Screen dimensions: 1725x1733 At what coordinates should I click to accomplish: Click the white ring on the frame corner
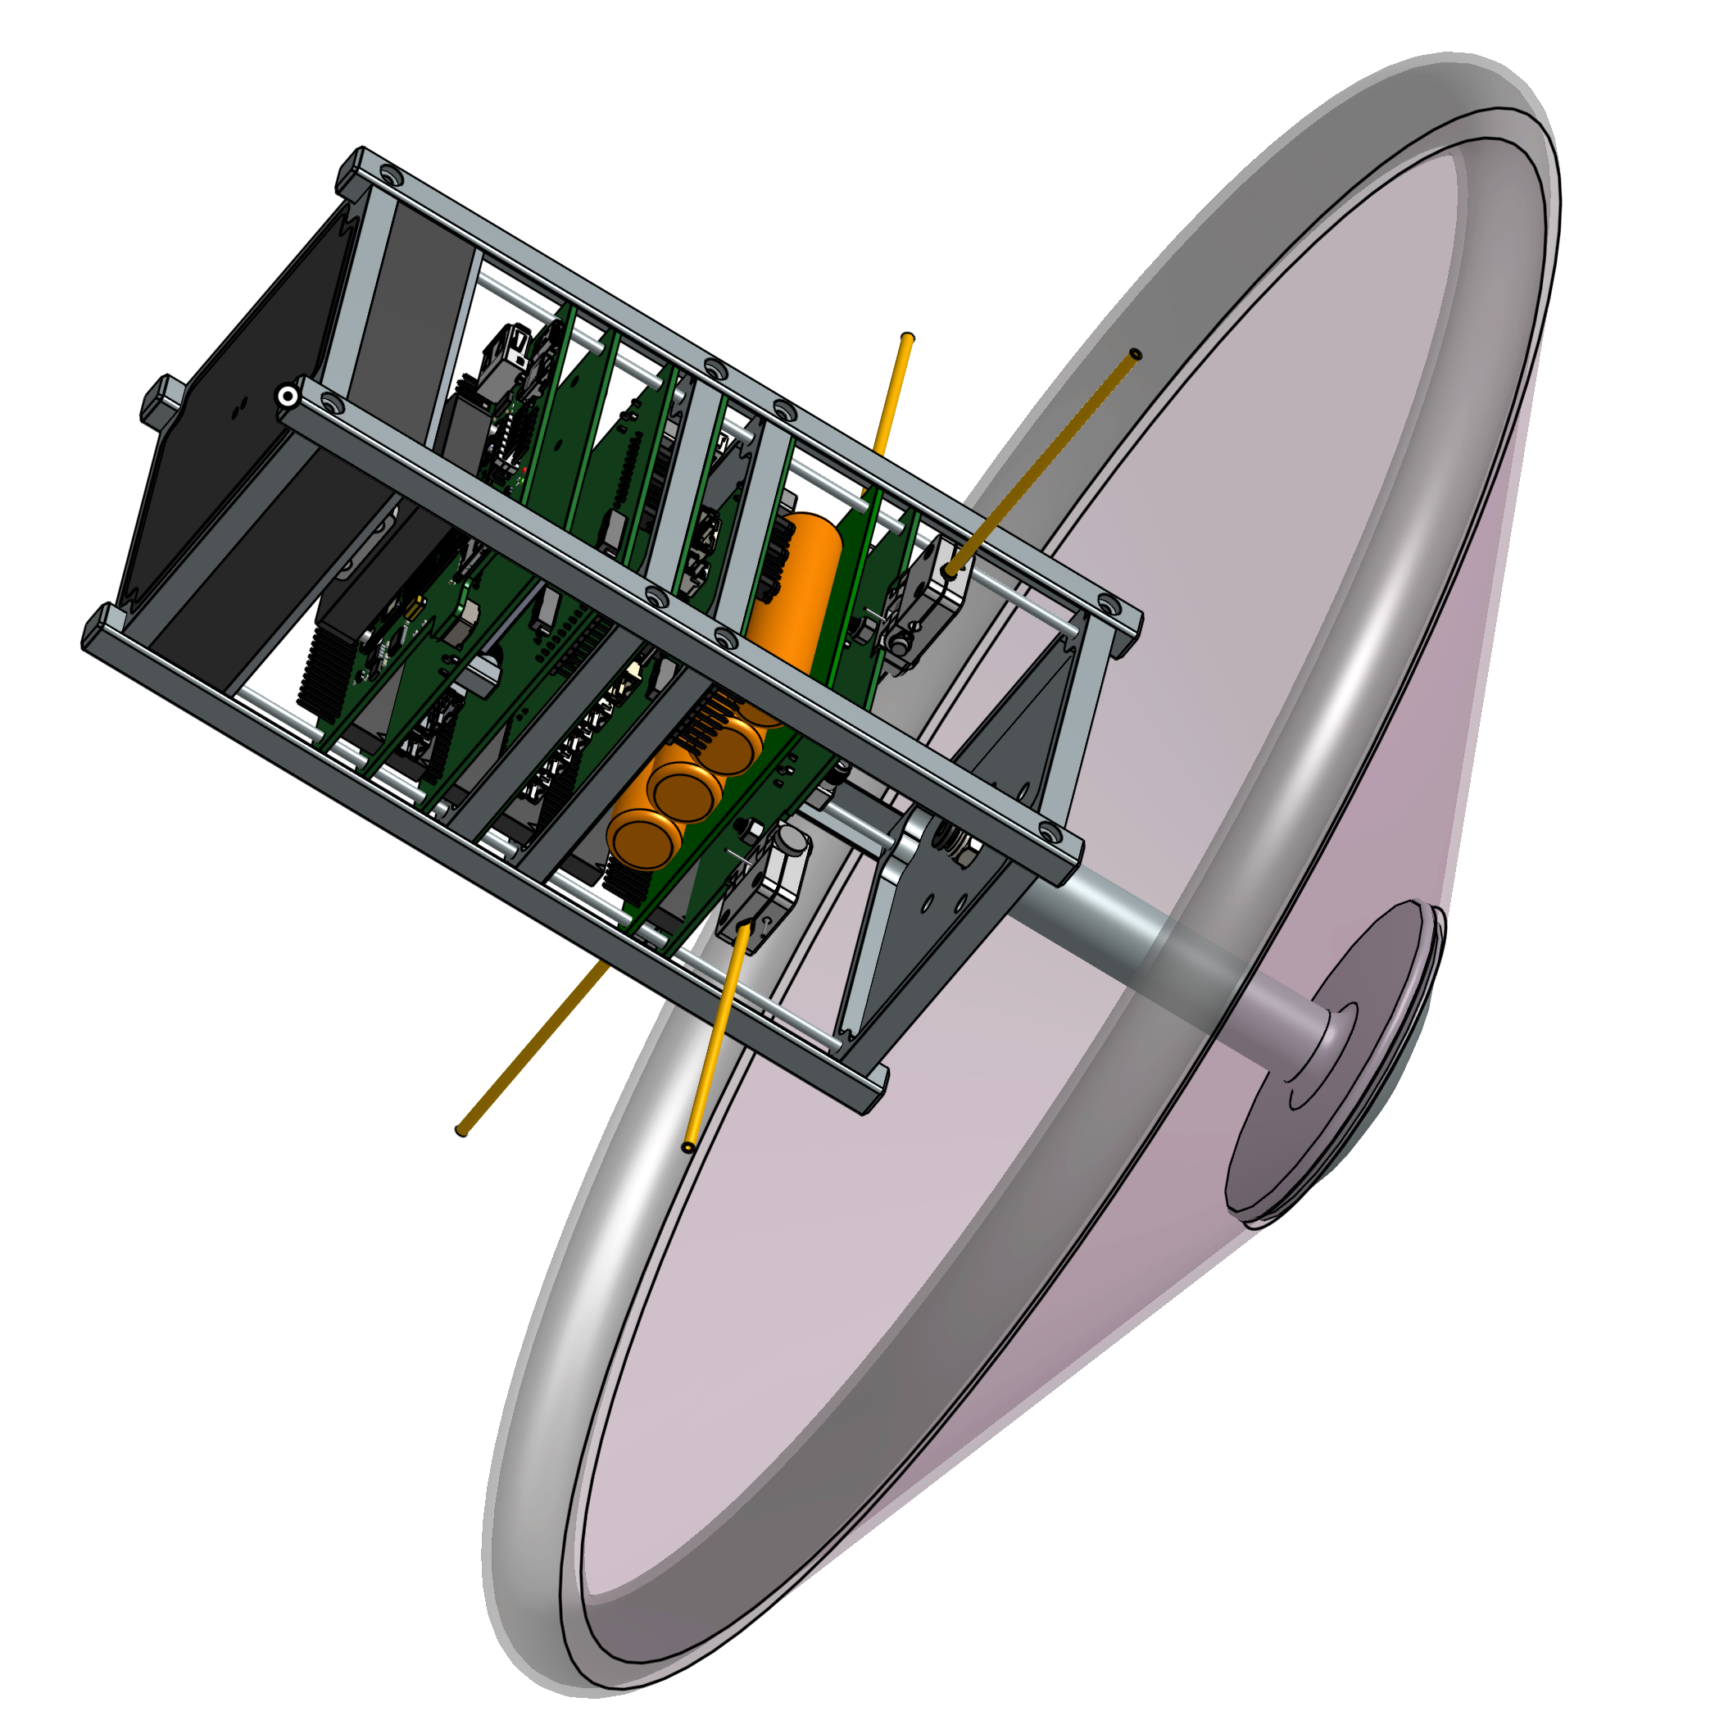click(287, 396)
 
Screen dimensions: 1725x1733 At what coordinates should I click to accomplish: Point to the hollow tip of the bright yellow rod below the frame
click(688, 1146)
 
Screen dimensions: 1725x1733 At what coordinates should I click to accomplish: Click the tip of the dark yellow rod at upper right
click(1136, 354)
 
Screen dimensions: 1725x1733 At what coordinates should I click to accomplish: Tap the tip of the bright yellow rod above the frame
click(908, 340)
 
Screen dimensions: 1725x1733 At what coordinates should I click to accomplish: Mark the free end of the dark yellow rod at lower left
click(463, 1129)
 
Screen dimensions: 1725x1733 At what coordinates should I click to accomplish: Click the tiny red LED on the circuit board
click(524, 469)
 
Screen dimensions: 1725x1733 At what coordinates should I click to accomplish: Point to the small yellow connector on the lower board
click(415, 609)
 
